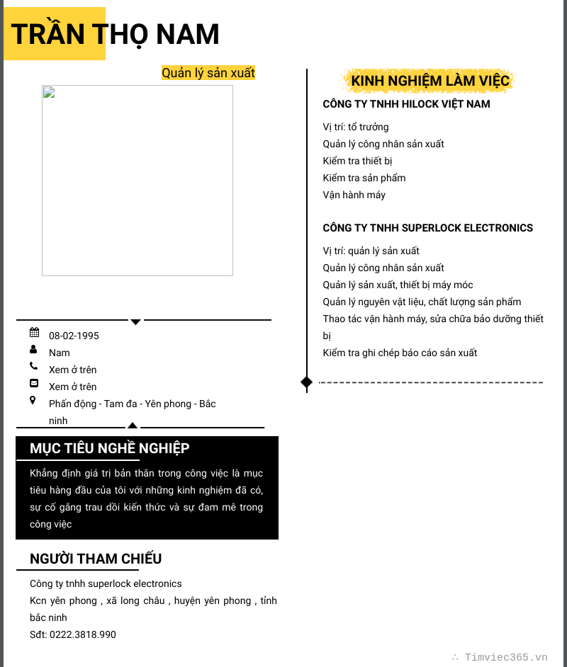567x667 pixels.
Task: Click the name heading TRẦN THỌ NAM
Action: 115,34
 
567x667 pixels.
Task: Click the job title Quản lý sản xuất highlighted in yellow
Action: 208,73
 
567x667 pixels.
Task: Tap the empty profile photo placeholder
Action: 137,181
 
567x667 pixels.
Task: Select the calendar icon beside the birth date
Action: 34,332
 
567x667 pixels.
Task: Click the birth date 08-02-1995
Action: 74,336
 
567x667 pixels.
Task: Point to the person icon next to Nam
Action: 33,349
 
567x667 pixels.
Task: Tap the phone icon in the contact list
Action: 33,366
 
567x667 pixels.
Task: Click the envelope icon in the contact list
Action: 34,383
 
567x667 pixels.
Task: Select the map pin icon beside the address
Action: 33,400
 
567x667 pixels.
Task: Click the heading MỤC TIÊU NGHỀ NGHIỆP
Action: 109,448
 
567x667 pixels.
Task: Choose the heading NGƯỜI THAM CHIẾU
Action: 96,559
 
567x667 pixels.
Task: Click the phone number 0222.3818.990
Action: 82,634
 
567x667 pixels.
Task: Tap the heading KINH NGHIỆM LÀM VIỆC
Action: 430,81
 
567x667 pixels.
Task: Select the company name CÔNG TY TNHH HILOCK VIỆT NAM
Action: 406,104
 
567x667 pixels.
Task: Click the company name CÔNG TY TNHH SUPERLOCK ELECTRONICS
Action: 427,228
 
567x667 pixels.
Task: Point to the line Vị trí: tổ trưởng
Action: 356,127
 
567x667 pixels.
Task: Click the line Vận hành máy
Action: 354,195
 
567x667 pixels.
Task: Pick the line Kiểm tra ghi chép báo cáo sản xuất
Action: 400,353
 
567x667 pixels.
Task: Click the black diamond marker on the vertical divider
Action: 306,382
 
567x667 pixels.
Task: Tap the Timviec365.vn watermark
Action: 505,657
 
